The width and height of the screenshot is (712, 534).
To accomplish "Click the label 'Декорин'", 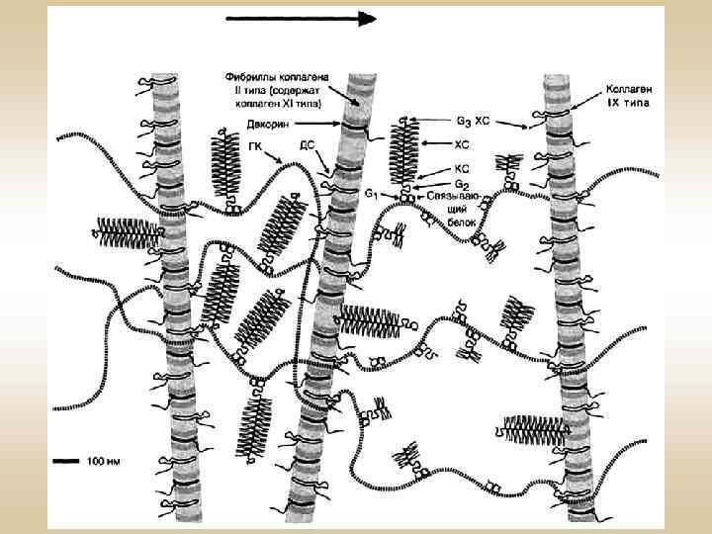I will coord(266,125).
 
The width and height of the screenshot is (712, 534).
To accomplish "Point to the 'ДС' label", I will coord(307,144).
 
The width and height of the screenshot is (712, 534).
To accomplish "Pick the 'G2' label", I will coord(460,183).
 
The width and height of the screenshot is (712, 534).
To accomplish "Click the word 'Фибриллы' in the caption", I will coord(250,77).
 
